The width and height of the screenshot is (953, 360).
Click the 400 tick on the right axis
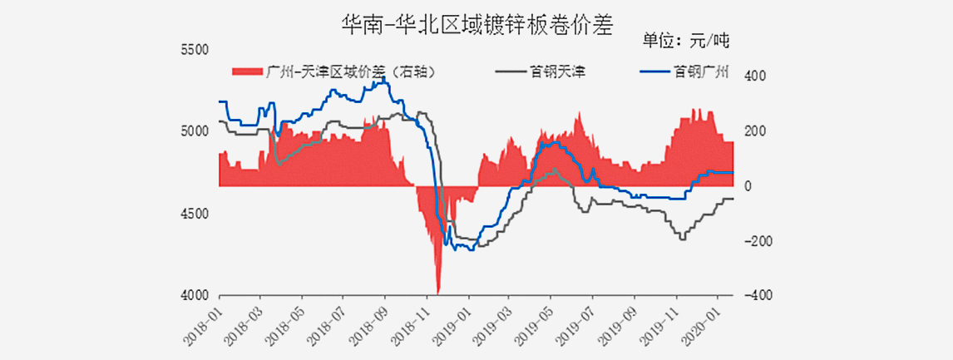pyautogui.click(x=753, y=76)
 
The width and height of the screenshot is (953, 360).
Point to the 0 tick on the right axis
pyautogui.click(x=748, y=186)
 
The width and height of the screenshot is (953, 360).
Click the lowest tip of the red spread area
pyautogui.click(x=438, y=293)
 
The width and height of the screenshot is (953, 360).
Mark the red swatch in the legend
pyautogui.click(x=247, y=72)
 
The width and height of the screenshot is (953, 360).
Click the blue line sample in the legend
pyautogui.click(x=654, y=72)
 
